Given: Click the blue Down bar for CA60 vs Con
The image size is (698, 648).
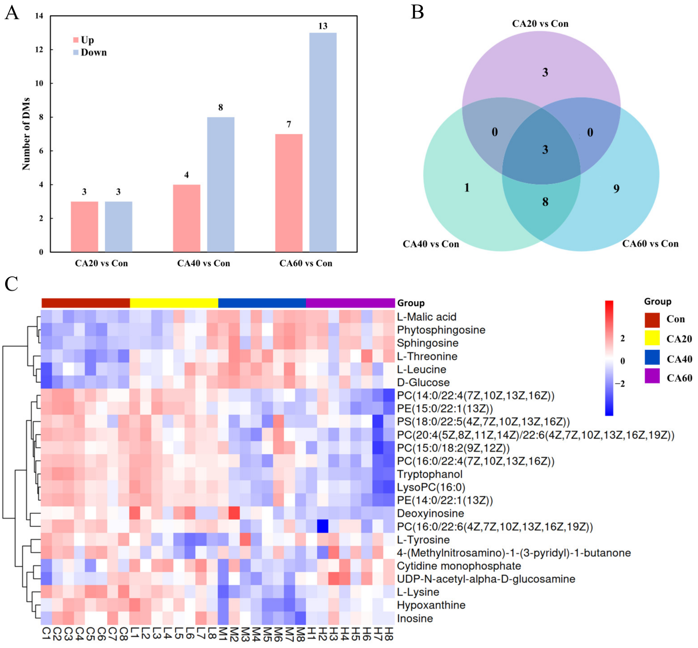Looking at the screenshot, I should (x=323, y=142).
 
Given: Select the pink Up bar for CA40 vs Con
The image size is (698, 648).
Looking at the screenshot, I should (x=187, y=218).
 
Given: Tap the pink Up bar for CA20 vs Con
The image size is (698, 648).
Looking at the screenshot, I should (x=85, y=226).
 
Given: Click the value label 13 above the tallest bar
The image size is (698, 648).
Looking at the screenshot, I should (x=323, y=26).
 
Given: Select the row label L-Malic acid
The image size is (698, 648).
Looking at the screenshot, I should (x=427, y=317).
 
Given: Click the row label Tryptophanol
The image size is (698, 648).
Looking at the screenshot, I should (x=430, y=474).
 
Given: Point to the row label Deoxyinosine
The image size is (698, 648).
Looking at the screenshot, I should (x=430, y=514).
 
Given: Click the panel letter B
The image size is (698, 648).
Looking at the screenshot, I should (x=417, y=12).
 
